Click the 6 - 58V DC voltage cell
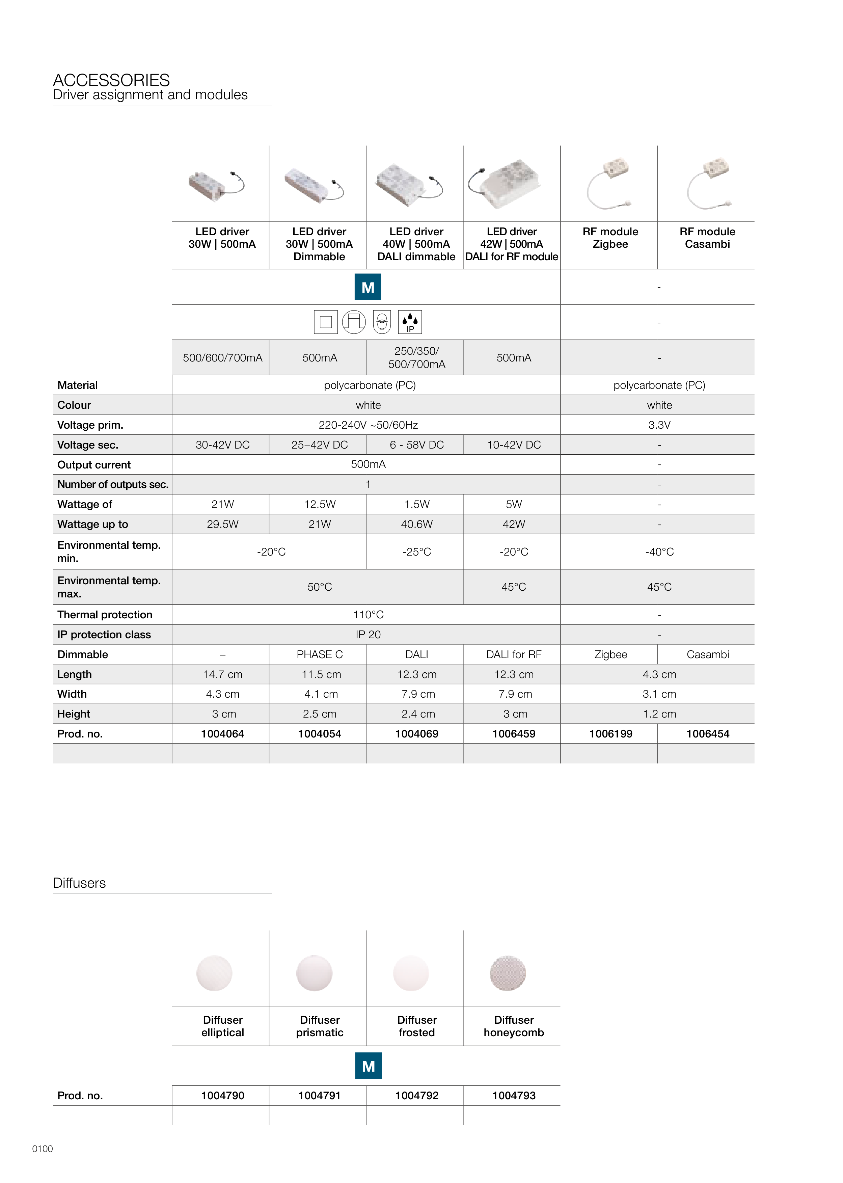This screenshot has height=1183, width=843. pyautogui.click(x=416, y=445)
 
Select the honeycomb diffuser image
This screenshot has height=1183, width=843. pyautogui.click(x=507, y=973)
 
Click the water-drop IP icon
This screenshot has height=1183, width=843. pyautogui.click(x=410, y=322)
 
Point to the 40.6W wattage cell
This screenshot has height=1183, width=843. pyautogui.click(x=416, y=524)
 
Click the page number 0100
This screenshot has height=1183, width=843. pyautogui.click(x=43, y=1149)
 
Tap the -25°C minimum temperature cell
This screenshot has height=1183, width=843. pyautogui.click(x=416, y=552)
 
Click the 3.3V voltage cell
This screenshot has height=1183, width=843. pyautogui.click(x=659, y=425)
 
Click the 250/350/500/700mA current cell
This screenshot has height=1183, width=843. pyautogui.click(x=416, y=358)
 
